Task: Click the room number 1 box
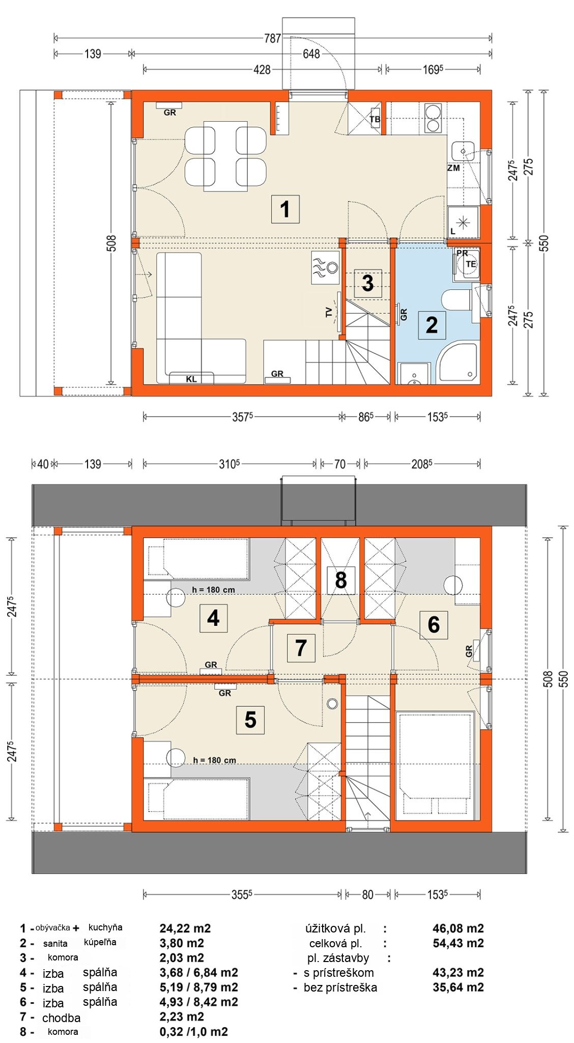tap(285, 209)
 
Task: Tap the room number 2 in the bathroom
tap(432, 325)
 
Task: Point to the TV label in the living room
tap(329, 312)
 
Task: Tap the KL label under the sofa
tap(191, 379)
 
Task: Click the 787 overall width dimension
tap(272, 38)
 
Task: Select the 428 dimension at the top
tap(262, 69)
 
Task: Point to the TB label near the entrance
tap(375, 120)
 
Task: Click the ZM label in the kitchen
tap(453, 168)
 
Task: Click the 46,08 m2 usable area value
tap(458, 928)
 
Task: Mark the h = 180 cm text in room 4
tap(214, 590)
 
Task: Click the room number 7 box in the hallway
tap(301, 648)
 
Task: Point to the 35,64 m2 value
tap(458, 987)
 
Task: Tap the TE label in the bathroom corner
tap(471, 264)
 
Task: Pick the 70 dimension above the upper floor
tap(340, 464)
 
